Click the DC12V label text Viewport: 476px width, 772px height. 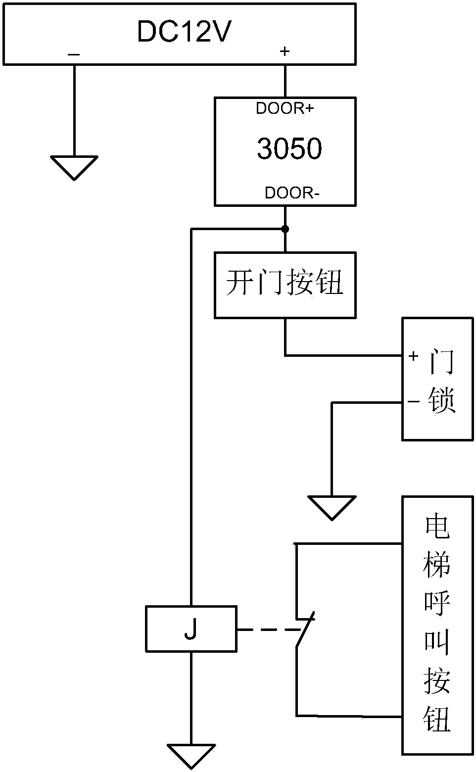pyautogui.click(x=184, y=32)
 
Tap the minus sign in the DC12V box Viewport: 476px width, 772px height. pyautogui.click(x=74, y=54)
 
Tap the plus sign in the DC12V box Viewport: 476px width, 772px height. pyautogui.click(x=285, y=51)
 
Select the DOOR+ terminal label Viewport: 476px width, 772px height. pyautogui.click(x=285, y=109)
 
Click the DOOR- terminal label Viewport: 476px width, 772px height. pyautogui.click(x=292, y=193)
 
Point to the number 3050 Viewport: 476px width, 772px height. pyautogui.click(x=289, y=148)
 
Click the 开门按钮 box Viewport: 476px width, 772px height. pyautogui.click(x=285, y=285)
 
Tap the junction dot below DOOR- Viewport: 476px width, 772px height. pyautogui.click(x=285, y=229)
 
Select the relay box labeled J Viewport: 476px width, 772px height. pyautogui.click(x=190, y=628)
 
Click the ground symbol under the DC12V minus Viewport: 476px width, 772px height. pyautogui.click(x=74, y=167)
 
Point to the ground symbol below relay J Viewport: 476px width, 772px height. pyautogui.click(x=190, y=755)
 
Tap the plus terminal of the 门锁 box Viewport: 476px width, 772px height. pyautogui.click(x=414, y=356)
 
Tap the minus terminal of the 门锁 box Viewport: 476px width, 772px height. pyautogui.click(x=414, y=402)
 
